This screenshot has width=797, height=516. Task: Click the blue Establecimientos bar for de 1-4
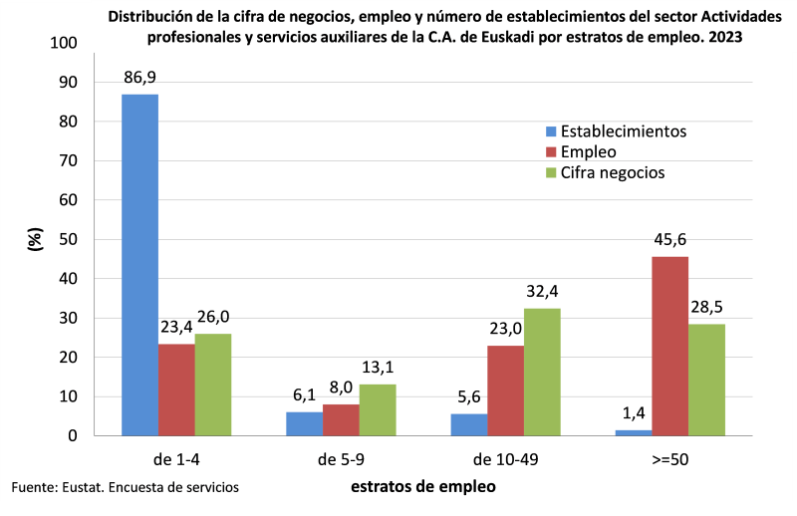point(139,265)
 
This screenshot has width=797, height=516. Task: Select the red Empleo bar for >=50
point(669,346)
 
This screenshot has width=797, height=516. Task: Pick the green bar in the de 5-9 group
point(378,409)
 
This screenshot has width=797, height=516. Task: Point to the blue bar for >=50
point(634,432)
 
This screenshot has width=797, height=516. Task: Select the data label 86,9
point(140,77)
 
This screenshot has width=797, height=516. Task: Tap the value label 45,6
point(669,239)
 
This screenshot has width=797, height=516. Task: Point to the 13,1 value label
point(379,367)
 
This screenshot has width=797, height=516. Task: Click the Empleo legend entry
point(588,151)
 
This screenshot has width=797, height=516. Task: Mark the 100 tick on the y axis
point(63,43)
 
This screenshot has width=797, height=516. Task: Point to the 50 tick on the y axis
point(67,239)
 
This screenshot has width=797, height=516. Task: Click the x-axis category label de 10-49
point(505,460)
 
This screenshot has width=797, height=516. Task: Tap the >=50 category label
point(669,460)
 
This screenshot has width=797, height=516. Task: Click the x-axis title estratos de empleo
point(422,487)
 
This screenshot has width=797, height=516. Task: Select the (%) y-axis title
point(36,239)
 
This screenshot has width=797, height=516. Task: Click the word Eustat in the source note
point(81,487)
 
